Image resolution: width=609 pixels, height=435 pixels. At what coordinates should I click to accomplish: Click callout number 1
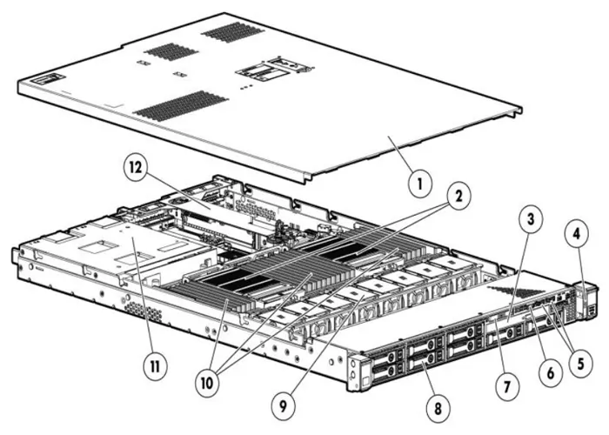[x=421, y=184]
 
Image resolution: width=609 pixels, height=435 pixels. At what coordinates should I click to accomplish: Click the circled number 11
[x=155, y=366]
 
